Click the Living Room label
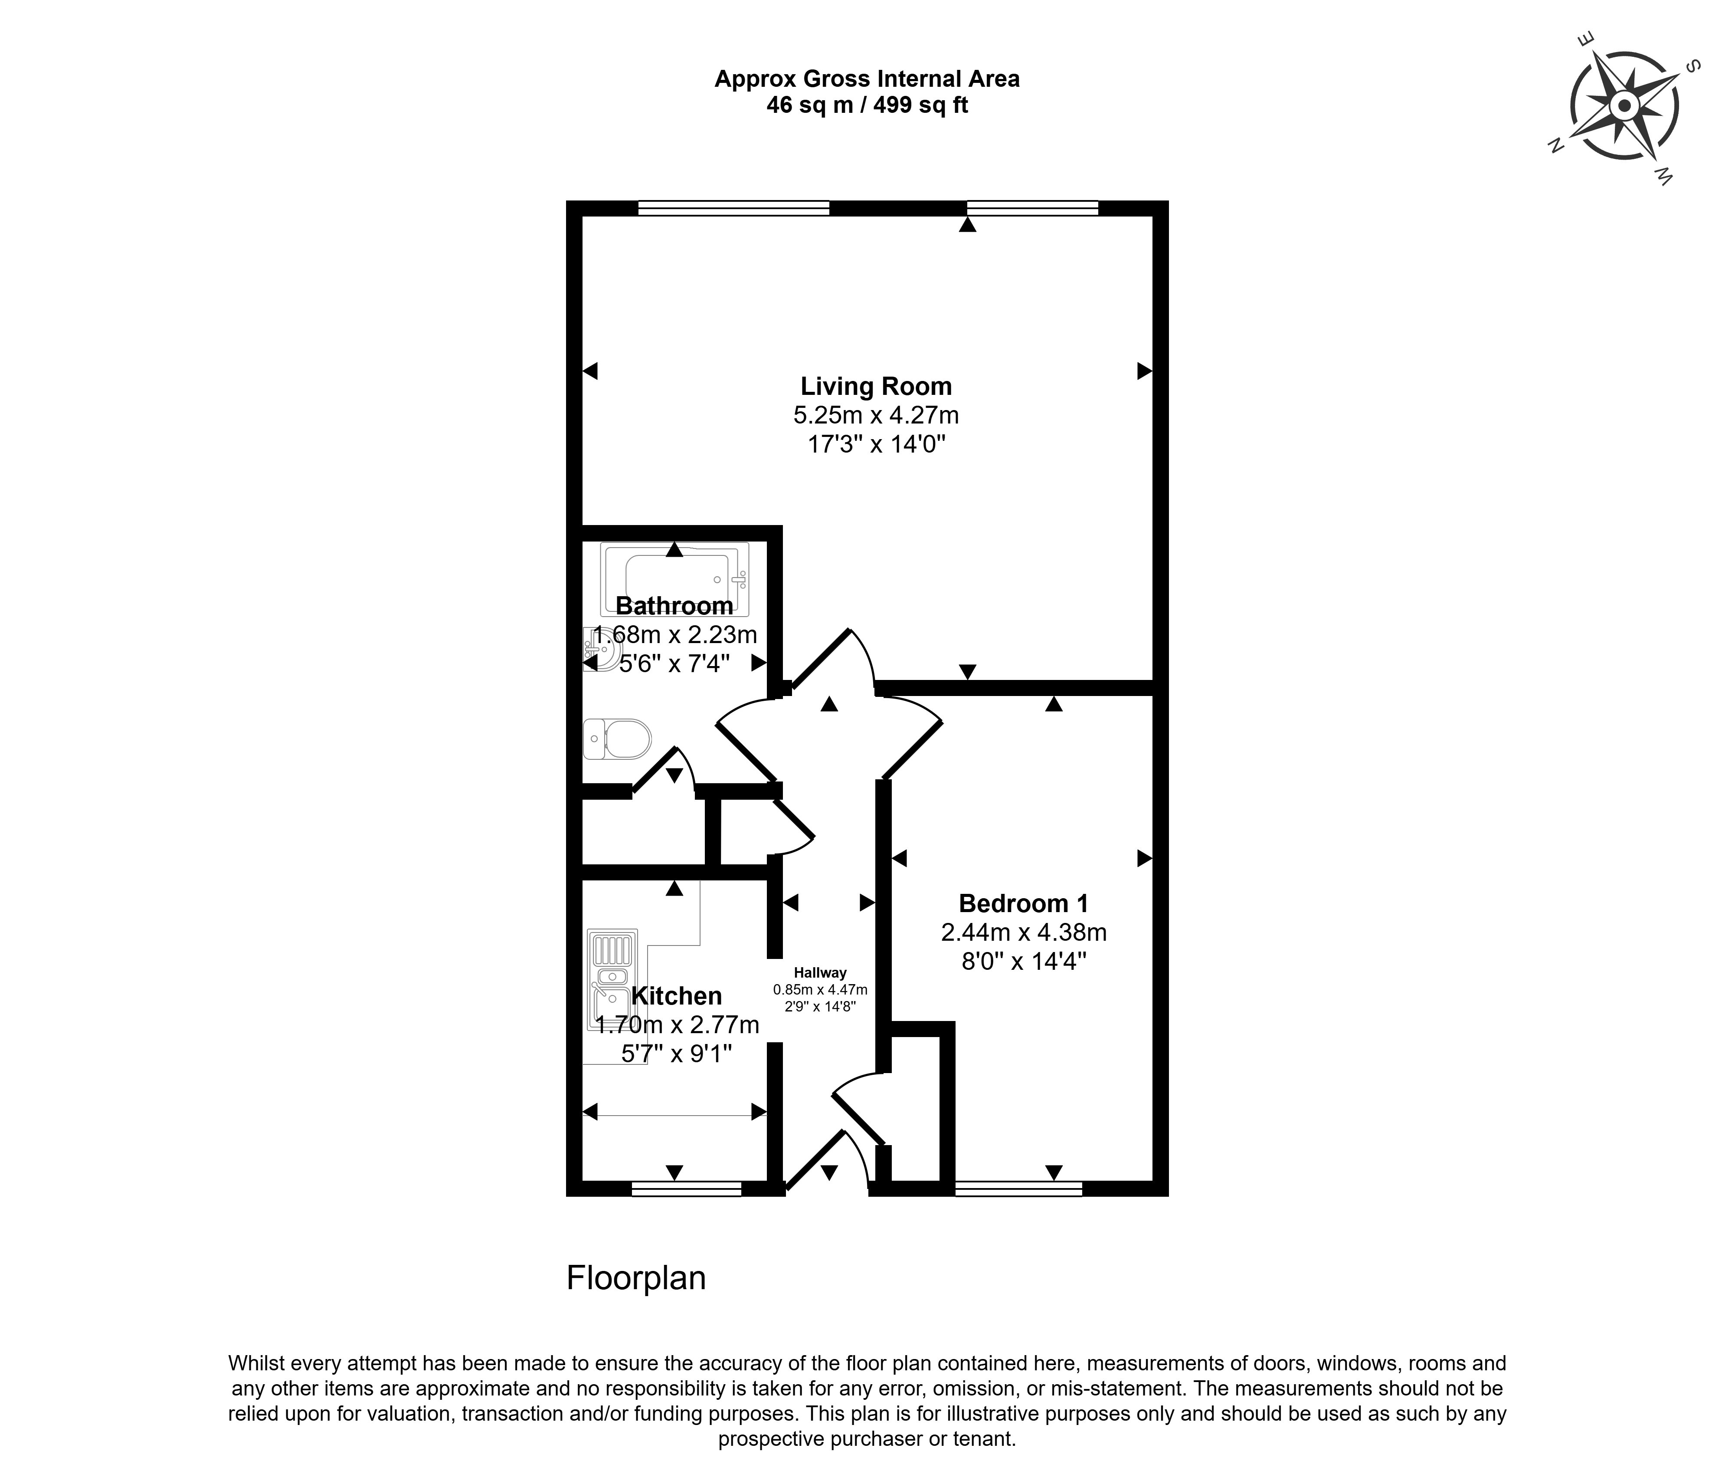[x=876, y=387]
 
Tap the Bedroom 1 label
[x=1023, y=903]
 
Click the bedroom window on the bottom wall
[x=1018, y=1188]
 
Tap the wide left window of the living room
[x=733, y=208]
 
